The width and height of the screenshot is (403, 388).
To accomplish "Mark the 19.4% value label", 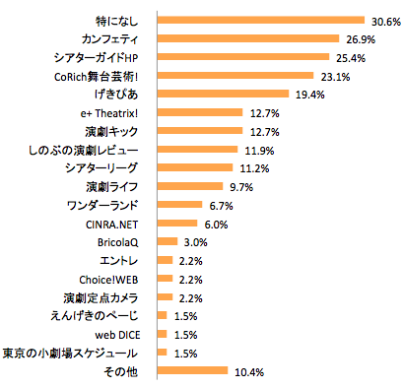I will (x=309, y=95).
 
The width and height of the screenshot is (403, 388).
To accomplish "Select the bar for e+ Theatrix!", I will (x=199, y=112).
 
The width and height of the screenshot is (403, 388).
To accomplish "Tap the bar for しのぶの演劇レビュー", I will (x=197, y=150).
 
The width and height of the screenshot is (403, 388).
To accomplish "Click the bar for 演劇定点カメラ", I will (x=165, y=297).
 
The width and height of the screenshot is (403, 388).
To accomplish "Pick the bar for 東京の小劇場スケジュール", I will (x=163, y=353).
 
